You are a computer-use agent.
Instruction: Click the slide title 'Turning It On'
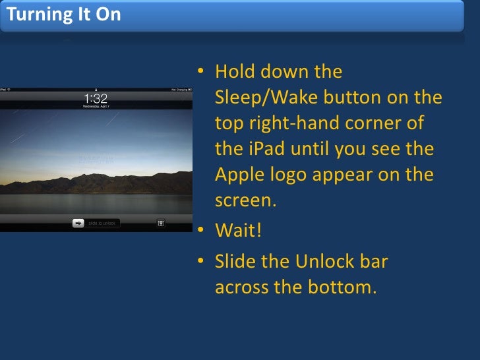coord(64,15)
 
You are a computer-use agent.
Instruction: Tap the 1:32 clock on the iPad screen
coord(96,98)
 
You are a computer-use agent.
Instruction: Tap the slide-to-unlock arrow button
coord(78,223)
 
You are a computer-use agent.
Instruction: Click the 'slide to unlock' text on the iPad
coord(102,224)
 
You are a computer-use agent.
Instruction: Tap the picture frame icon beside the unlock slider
coord(160,223)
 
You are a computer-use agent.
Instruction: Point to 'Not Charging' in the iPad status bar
coord(179,89)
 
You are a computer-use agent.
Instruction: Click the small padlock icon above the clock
coord(96,89)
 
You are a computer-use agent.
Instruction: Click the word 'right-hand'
coord(299,124)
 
